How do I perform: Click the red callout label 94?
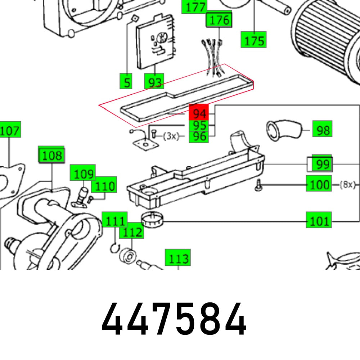tap(199, 113)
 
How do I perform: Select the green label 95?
tap(199, 126)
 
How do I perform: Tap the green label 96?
tap(199, 136)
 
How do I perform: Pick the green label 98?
tap(323, 130)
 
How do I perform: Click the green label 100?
tap(319, 184)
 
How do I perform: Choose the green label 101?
tap(319, 220)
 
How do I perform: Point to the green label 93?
tap(154, 82)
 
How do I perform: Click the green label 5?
tap(126, 82)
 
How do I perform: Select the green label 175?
tap(254, 40)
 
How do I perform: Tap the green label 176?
tap(219, 20)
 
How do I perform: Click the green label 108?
tap(52, 156)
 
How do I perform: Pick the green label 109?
tap(83, 174)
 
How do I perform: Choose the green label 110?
tap(104, 186)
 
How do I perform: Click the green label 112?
tap(132, 232)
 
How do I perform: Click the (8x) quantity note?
tap(347, 185)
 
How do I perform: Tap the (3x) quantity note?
tap(171, 136)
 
